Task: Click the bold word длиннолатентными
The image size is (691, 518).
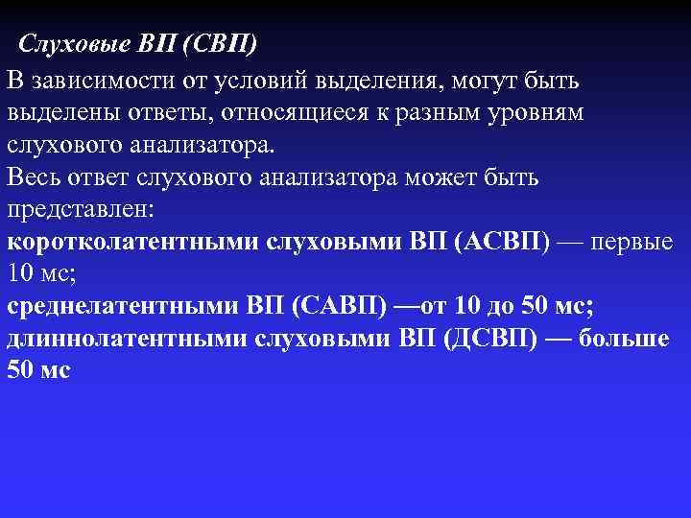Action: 131,340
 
